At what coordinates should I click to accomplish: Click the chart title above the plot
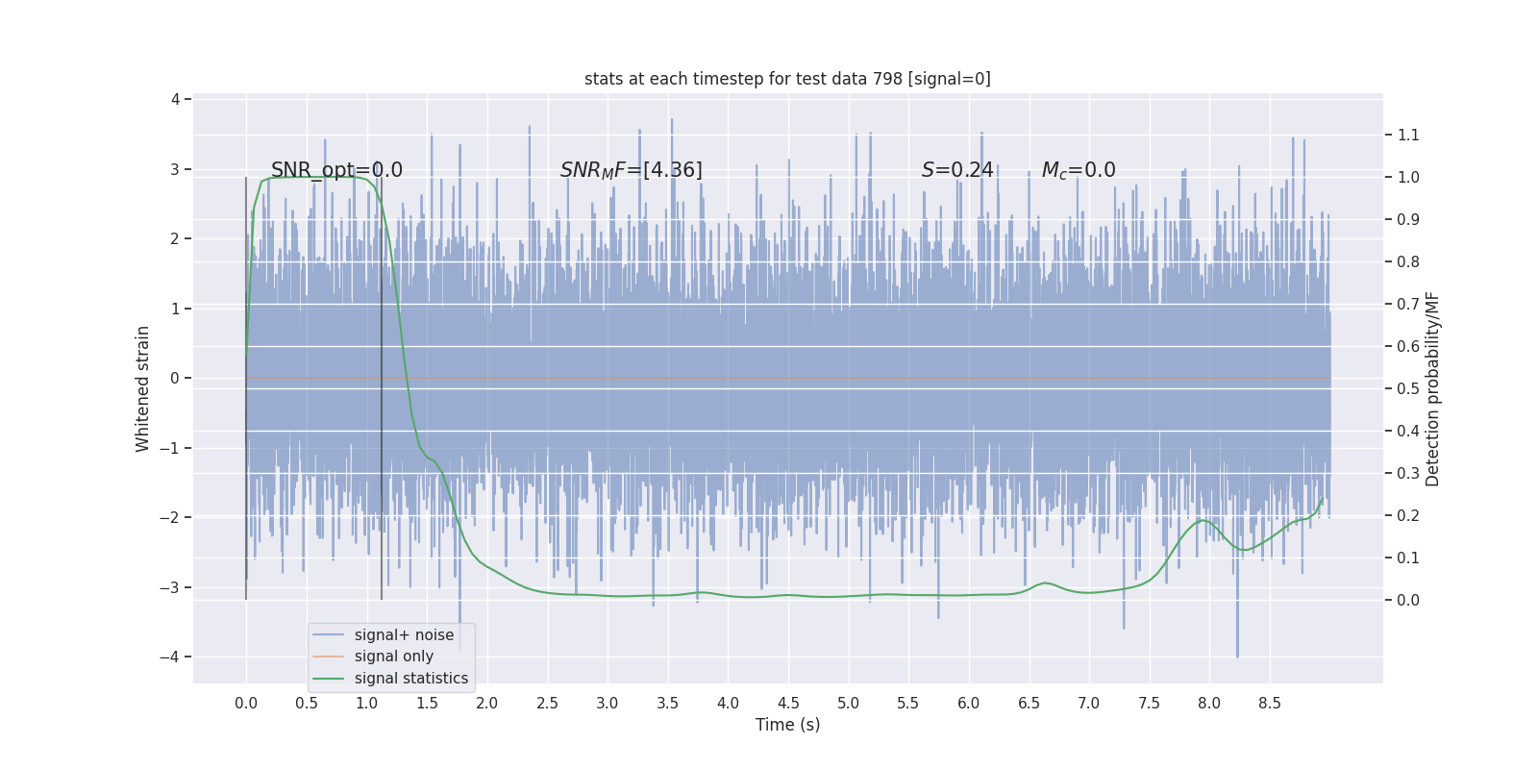tap(787, 79)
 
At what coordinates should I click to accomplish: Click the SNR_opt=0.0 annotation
tap(336, 170)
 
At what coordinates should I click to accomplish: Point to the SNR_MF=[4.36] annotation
tap(631, 170)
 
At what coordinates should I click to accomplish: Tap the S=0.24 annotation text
tap(956, 170)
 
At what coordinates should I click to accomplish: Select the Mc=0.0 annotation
tap(1078, 170)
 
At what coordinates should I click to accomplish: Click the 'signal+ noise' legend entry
tap(404, 634)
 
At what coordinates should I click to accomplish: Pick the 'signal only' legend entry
tap(393, 656)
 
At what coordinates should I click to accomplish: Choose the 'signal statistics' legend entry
tap(410, 678)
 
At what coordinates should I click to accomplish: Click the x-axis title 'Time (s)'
tap(787, 725)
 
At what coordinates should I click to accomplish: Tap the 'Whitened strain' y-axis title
tap(143, 388)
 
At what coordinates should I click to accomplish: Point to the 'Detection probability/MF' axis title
tap(1432, 388)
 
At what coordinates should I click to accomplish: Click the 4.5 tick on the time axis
tap(788, 703)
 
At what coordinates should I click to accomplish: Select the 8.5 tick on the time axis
tap(1270, 703)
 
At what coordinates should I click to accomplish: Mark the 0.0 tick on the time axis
tap(246, 703)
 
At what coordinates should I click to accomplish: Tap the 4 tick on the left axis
tap(175, 99)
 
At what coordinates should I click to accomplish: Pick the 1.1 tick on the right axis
tap(1407, 135)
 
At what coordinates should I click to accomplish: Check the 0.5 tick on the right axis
tap(1407, 388)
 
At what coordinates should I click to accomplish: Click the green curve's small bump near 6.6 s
tap(1045, 583)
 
